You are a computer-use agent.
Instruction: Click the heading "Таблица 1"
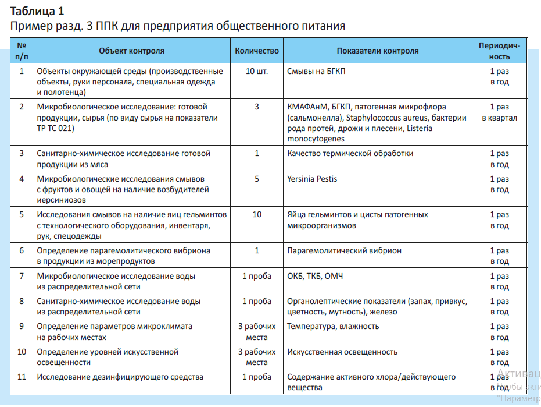tap(37, 11)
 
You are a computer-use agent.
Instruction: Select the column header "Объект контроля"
tap(131, 51)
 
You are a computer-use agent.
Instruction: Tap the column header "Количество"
tap(257, 51)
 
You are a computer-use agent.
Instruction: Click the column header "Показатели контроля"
tap(377, 51)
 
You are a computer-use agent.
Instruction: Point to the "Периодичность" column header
tap(499, 51)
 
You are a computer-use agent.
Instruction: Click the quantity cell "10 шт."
tap(257, 72)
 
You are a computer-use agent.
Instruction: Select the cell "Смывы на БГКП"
tap(320, 72)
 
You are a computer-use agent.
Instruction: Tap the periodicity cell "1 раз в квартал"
tap(499, 112)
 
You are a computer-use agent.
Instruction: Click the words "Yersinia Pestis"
tap(312, 179)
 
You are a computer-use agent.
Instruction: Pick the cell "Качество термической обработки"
tap(350, 153)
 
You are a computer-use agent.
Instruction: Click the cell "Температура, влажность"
tap(333, 326)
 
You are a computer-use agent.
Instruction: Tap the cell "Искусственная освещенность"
tap(342, 352)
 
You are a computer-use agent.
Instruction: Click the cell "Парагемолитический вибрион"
tap(344, 250)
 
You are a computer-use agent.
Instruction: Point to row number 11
tap(22, 377)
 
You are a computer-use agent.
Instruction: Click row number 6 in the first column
tap(22, 250)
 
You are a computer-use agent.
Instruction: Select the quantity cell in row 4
tap(257, 179)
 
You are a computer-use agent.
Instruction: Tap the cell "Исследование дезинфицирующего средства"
tap(120, 377)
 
